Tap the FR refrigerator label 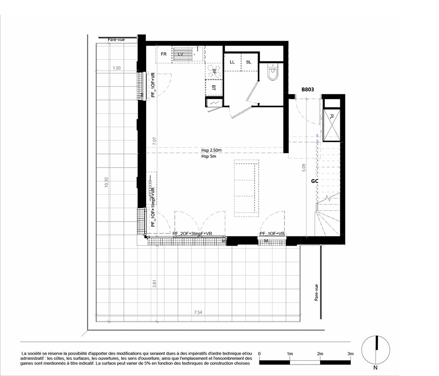pos(163,54)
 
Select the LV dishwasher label pos(180,54)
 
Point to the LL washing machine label pos(232,62)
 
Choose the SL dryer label pos(248,62)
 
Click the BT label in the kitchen pos(214,88)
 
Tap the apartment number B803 pos(308,90)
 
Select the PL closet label pos(332,116)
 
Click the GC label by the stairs pos(315,181)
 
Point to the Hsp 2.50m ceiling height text pos(212,150)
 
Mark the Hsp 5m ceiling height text pos(209,156)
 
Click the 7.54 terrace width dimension pos(198,312)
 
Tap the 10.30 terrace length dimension pos(106,183)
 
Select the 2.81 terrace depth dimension pos(154,284)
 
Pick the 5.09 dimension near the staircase pos(304,168)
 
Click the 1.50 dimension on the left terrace pos(116,68)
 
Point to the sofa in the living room pos(246,188)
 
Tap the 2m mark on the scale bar pos(320,354)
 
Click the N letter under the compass pos(375,368)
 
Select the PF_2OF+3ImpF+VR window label pos(192,233)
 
